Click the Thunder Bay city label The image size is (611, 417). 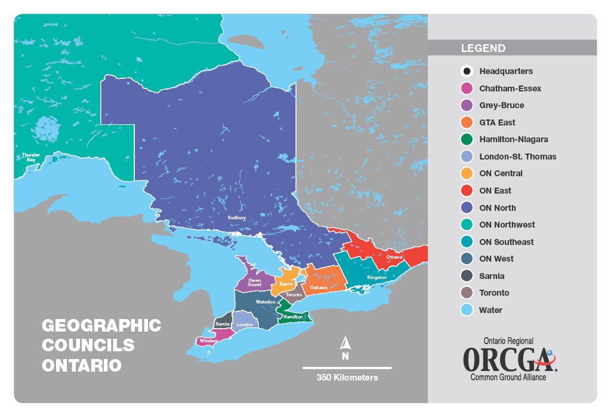coord(31,158)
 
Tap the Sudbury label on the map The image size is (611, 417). coord(237,218)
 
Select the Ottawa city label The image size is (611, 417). coord(394,257)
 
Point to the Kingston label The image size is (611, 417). coord(377,278)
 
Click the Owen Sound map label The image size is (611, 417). coord(255,282)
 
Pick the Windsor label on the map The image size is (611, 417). coord(208,341)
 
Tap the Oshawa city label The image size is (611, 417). coord(319,288)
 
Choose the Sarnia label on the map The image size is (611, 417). coord(223,323)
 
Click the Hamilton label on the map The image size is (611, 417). coord(293,317)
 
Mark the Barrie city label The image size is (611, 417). coord(286,284)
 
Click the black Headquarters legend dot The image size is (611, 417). coord(467,71)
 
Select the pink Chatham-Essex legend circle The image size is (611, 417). coord(467,88)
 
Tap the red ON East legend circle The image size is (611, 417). coord(467,191)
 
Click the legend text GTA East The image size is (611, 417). coord(497,122)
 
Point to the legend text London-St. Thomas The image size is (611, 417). coord(517,157)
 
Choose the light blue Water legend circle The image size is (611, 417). coord(467,310)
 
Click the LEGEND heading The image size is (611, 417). coord(483,48)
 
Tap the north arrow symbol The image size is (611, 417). coord(345,344)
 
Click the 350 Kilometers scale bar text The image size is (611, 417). coord(347,378)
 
